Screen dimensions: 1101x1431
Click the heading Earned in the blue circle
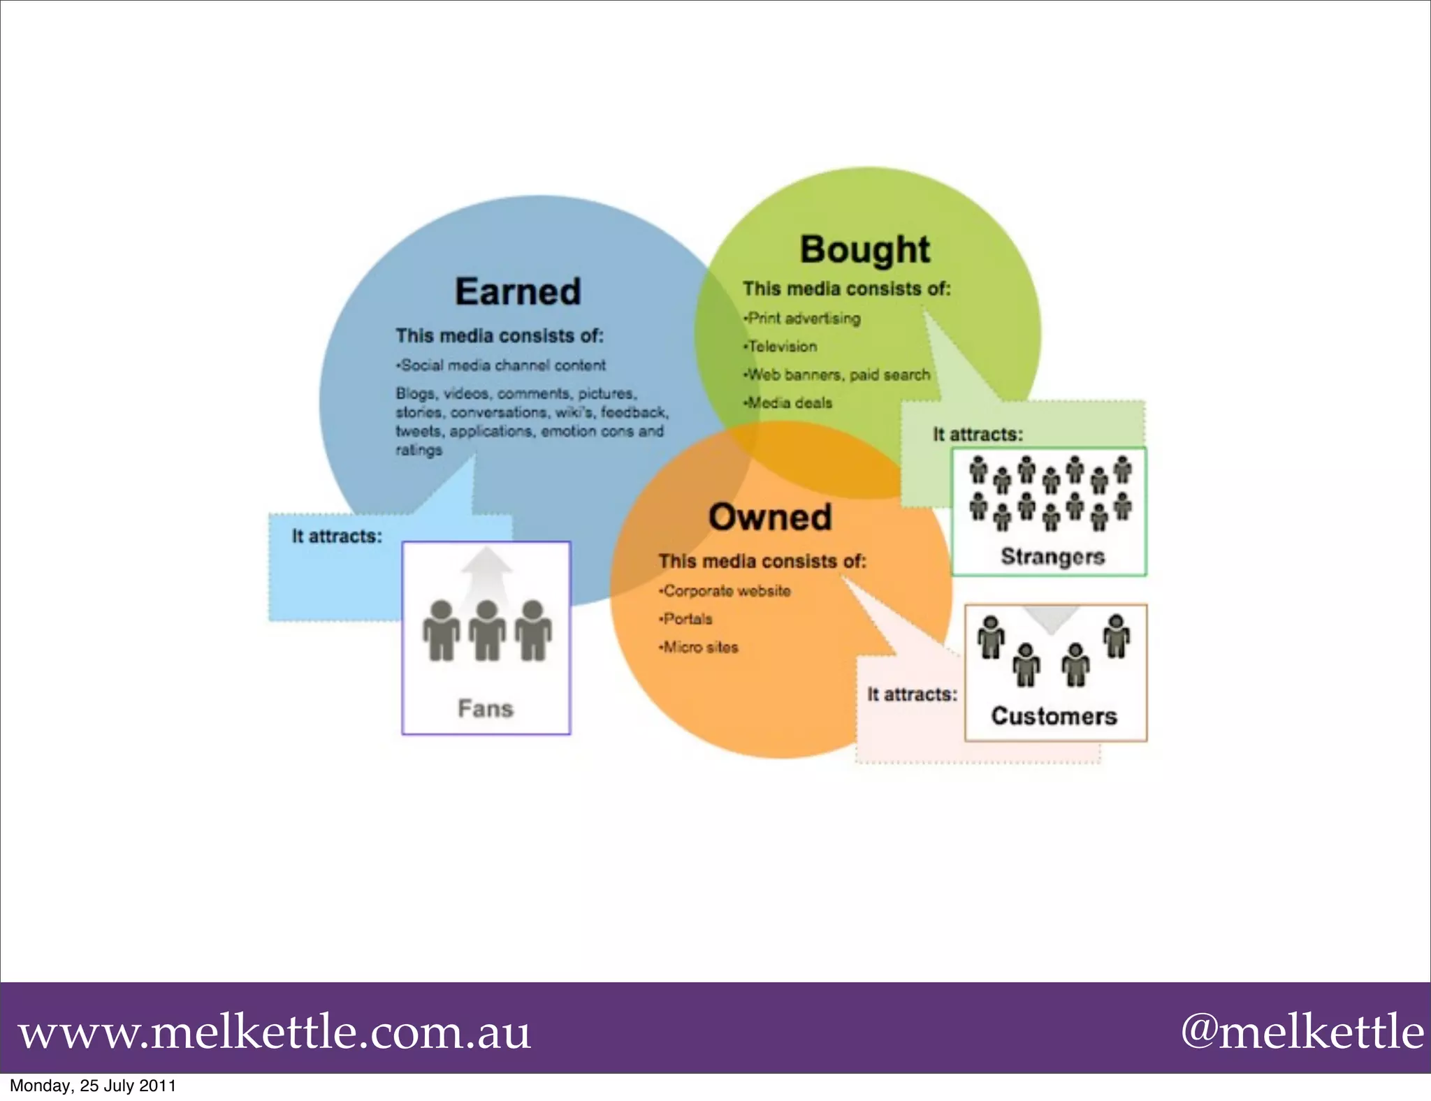(518, 291)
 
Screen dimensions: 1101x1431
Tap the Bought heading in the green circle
(864, 249)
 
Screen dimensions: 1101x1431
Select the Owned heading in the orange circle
(770, 517)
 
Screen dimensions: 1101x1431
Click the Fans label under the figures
(486, 708)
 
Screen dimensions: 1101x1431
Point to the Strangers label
(1052, 556)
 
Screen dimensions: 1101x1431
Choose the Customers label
(1054, 715)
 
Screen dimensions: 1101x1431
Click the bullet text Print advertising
(804, 319)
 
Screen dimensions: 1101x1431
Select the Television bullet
(782, 347)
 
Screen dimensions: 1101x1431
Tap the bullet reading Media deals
(790, 403)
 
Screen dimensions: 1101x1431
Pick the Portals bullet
(688, 619)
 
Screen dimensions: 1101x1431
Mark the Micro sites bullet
(700, 648)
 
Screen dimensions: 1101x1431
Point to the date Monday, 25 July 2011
(93, 1086)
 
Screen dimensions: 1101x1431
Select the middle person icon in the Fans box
(487, 630)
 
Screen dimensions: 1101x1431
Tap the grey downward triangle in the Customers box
(1051, 619)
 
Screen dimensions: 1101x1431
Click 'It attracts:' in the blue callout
(337, 537)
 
